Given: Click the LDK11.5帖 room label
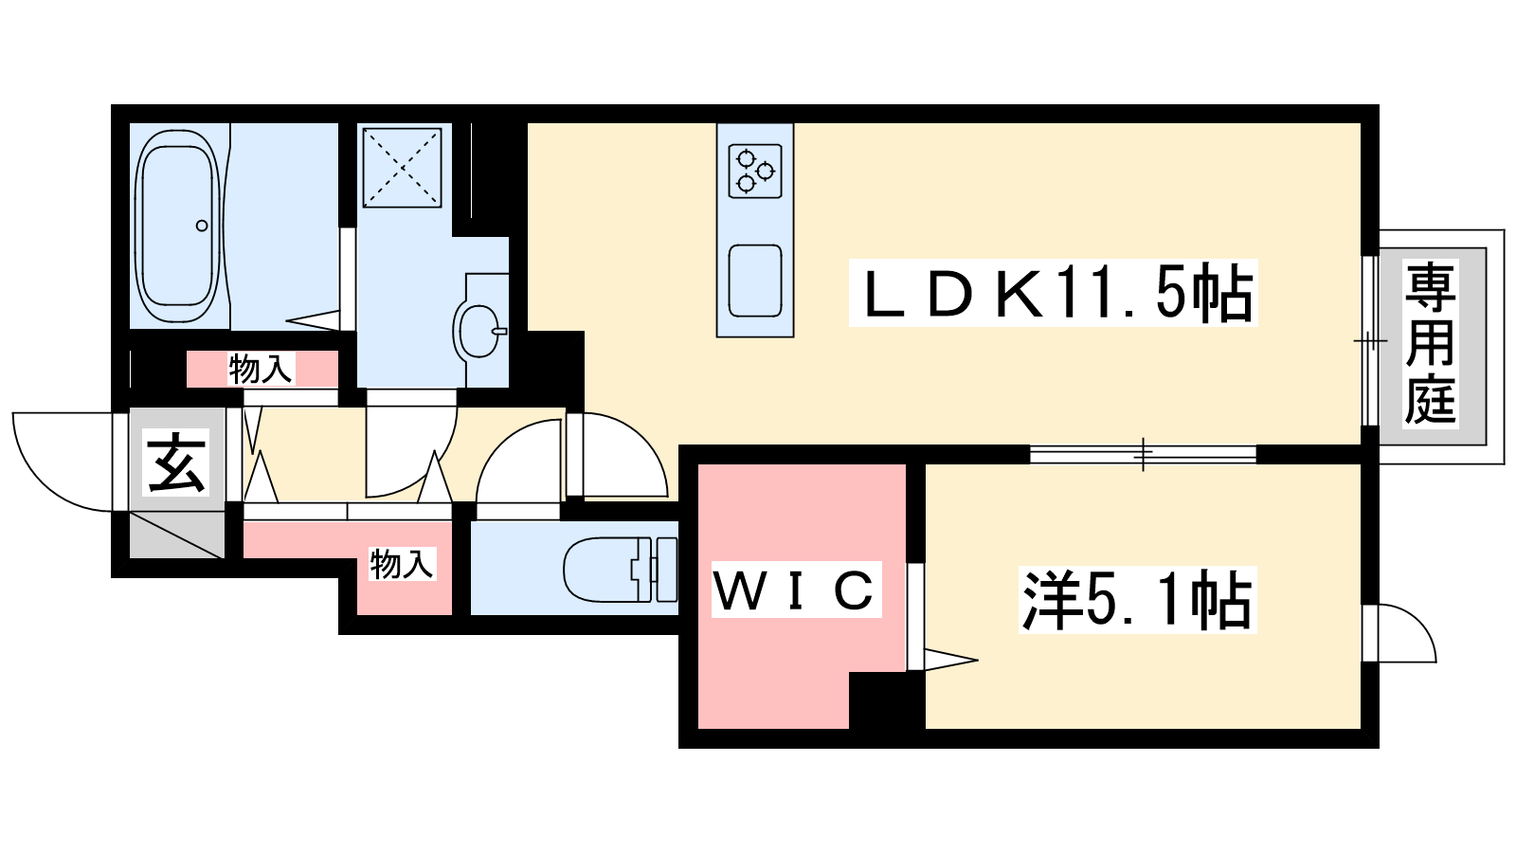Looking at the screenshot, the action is tap(1053, 293).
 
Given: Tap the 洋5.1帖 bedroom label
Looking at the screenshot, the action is tap(1137, 600).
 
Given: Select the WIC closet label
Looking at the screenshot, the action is tap(796, 590).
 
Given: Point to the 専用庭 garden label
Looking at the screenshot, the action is tap(1431, 344).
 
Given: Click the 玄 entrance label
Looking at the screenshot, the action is tap(176, 463).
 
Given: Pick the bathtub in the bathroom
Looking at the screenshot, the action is tap(179, 226).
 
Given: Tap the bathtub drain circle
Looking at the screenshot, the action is tap(202, 226).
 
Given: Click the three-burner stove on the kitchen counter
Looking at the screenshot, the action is tap(755, 171).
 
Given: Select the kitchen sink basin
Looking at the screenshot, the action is tap(755, 281).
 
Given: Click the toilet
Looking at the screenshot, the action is tap(620, 570).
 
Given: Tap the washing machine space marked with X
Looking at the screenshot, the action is tap(402, 167).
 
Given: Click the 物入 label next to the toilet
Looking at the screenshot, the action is tap(402, 564).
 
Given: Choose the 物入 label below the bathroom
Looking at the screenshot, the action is tap(261, 369).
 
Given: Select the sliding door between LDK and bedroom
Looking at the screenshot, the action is tap(1143, 454).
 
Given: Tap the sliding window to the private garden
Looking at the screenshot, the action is tap(1370, 340).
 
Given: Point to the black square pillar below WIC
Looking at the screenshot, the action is tap(887, 700).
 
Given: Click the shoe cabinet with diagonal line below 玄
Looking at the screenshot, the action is tap(176, 535).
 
